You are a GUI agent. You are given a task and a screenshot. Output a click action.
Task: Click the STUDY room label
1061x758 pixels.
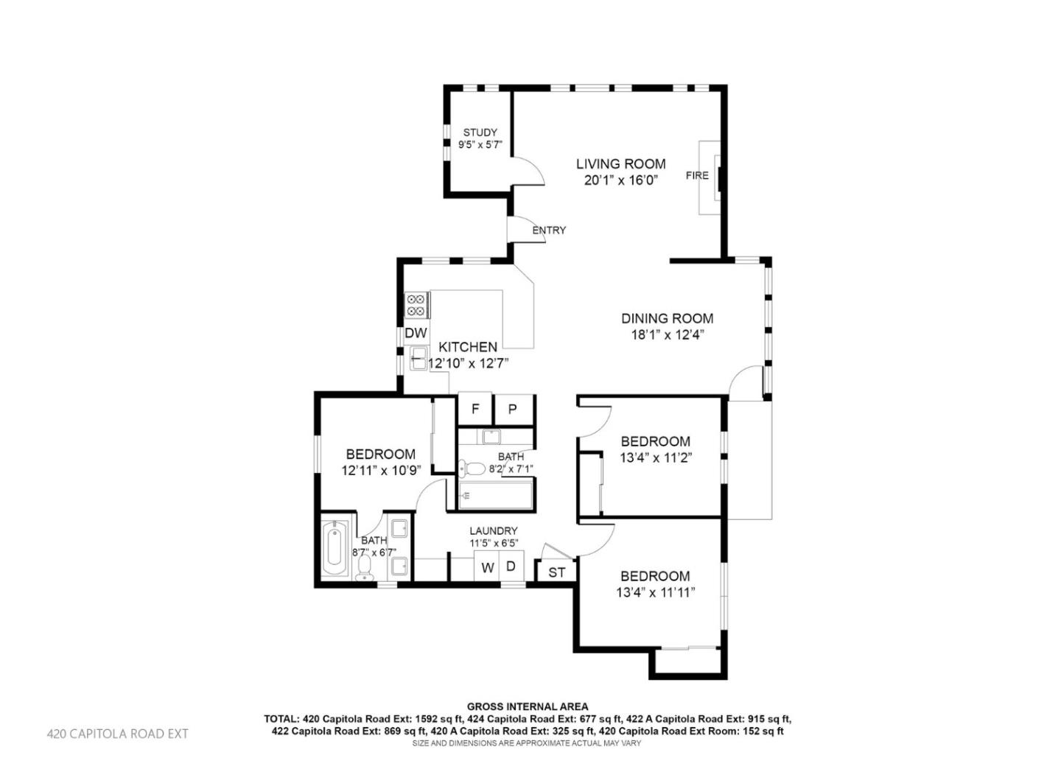480,133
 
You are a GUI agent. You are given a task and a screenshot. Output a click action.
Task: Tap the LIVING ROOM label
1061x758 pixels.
620,164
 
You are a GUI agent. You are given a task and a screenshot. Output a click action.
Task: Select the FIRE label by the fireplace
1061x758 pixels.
696,175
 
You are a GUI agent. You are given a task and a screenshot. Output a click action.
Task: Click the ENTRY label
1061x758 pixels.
549,231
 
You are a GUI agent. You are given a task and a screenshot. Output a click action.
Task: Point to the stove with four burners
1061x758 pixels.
417,305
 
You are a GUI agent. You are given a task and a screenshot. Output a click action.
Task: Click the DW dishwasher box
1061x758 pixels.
416,333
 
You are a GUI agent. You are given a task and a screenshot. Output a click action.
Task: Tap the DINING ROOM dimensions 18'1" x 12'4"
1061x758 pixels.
667,334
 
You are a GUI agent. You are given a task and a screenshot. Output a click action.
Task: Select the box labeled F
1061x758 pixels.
475,410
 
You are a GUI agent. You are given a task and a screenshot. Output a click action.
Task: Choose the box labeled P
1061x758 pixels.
513,410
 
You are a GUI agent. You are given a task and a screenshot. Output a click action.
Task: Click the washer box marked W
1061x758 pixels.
487,568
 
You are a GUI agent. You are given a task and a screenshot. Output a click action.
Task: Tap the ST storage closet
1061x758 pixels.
557,572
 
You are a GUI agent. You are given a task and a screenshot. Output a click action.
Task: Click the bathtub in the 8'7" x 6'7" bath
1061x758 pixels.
335,550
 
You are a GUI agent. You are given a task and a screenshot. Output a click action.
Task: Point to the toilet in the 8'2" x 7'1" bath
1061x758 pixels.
472,468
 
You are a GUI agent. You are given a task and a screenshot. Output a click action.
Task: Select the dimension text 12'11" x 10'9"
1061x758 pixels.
380,470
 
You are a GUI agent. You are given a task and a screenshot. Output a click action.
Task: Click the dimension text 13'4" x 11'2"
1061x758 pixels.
655,457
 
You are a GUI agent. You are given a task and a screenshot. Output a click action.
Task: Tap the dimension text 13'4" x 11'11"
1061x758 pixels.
655,592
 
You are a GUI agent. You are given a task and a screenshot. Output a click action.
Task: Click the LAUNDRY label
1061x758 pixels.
493,530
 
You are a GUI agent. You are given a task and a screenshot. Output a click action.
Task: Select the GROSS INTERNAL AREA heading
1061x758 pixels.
528,706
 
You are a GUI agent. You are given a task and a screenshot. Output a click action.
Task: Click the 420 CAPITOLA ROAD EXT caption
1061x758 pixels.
118,734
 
